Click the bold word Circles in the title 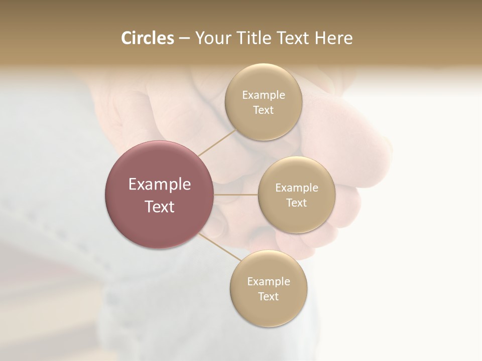(147, 38)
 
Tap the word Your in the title (213, 38)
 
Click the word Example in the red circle (160, 185)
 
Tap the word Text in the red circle (160, 207)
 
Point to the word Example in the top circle (263, 95)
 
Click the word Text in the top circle (263, 110)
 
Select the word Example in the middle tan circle (296, 188)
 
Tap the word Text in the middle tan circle (296, 203)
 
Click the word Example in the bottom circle (268, 281)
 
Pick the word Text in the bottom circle (268, 296)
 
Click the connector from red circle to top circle (217, 143)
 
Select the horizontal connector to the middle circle (236, 195)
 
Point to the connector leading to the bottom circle (220, 247)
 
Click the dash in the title (184, 39)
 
